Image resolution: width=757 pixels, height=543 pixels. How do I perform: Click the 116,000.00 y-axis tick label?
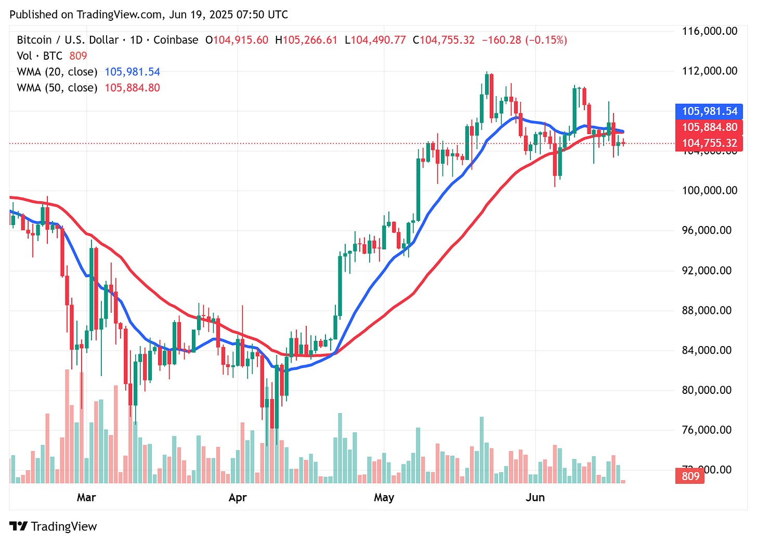pyautogui.click(x=709, y=31)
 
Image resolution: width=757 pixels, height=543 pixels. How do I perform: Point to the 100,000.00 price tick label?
pyautogui.click(x=709, y=191)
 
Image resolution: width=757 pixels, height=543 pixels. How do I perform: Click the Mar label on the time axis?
pyautogui.click(x=86, y=497)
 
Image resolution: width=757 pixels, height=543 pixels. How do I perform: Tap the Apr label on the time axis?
pyautogui.click(x=238, y=497)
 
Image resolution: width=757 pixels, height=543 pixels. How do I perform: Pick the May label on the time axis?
pyautogui.click(x=384, y=497)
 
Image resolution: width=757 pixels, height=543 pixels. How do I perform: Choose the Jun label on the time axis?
pyautogui.click(x=535, y=497)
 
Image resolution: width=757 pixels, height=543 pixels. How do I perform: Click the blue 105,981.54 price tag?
pyautogui.click(x=709, y=111)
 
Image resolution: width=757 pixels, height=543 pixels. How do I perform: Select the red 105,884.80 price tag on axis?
pyautogui.click(x=709, y=127)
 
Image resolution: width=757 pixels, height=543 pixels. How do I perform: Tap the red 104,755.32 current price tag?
pyautogui.click(x=709, y=143)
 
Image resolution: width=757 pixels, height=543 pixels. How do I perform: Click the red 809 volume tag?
pyautogui.click(x=690, y=476)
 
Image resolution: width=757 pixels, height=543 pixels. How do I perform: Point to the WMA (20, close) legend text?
pyautogui.click(x=57, y=72)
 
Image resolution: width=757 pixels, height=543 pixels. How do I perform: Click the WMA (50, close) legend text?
pyautogui.click(x=57, y=88)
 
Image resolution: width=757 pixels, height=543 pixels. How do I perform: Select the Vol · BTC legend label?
pyautogui.click(x=40, y=56)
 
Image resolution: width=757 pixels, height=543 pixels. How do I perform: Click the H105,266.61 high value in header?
pyautogui.click(x=306, y=40)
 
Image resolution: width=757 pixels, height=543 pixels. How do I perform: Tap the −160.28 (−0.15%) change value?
pyautogui.click(x=524, y=40)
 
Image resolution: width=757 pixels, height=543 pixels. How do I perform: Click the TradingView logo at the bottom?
pyautogui.click(x=54, y=526)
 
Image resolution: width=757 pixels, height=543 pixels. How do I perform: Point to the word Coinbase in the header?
pyautogui.click(x=176, y=40)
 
